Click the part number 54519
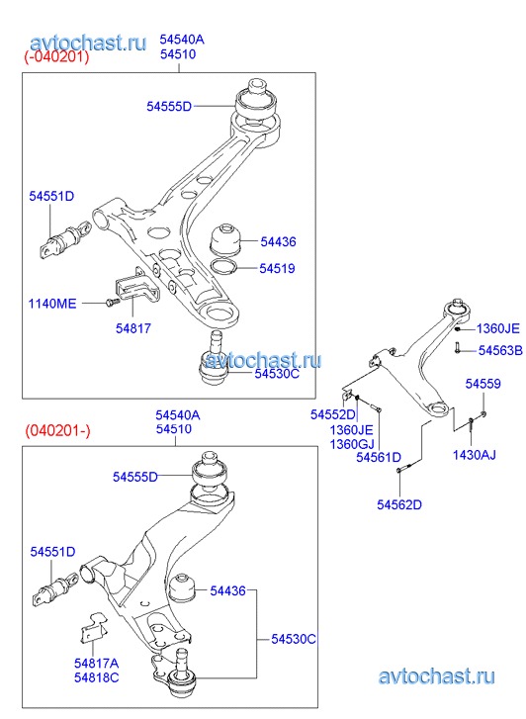coord(277,268)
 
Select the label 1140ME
coord(52,304)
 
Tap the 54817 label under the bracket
coord(133,328)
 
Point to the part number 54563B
coord(500,351)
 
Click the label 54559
coord(482,384)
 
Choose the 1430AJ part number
coord(475,455)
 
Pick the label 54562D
coord(399,504)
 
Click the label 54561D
coord(379,457)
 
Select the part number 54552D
coord(333,414)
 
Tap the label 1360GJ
coord(352,444)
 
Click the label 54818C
coord(96,677)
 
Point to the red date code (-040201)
coord(56,57)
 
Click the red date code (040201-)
coord(57,430)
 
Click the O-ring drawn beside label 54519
coord(223,266)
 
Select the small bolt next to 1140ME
coord(113,303)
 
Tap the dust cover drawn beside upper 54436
coord(225,238)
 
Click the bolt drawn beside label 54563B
coord(457,347)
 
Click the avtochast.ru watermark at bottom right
coord(437,676)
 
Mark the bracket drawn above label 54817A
coord(92,629)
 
